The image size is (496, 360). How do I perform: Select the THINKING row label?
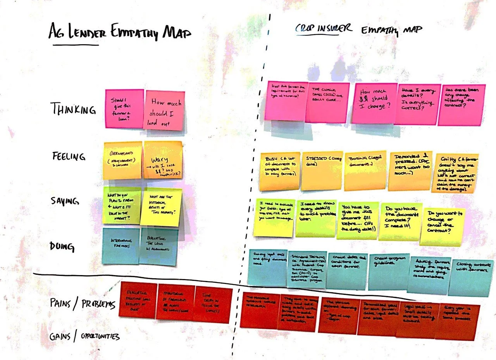(73, 109)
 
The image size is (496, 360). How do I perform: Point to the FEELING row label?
(69, 157)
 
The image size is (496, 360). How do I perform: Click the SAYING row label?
(65, 201)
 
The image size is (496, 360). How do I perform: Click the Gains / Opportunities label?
(84, 336)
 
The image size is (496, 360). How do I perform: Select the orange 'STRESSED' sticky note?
(321, 170)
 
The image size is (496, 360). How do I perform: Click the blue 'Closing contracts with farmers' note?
(471, 277)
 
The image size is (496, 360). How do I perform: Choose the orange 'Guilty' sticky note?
(455, 172)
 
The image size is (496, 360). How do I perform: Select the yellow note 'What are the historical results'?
(161, 207)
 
